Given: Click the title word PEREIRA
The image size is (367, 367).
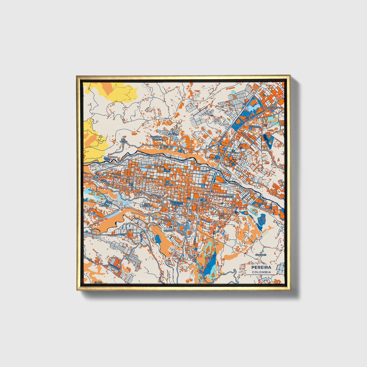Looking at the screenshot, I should pyautogui.click(x=261, y=267).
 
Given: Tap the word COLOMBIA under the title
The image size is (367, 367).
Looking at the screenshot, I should pyautogui.click(x=261, y=272).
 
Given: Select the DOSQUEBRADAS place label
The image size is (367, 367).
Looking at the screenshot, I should pyautogui.click(x=273, y=108).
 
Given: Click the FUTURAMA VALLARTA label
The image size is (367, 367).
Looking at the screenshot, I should pyautogui.click(x=156, y=138).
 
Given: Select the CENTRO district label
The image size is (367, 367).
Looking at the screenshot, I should pyautogui.click(x=168, y=185).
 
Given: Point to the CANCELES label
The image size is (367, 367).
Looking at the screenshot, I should pyautogui.click(x=261, y=254).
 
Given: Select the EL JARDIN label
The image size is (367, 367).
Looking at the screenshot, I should pyautogui.click(x=105, y=205).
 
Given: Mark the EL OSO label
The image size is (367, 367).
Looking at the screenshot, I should pyautogui.click(x=98, y=282).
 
